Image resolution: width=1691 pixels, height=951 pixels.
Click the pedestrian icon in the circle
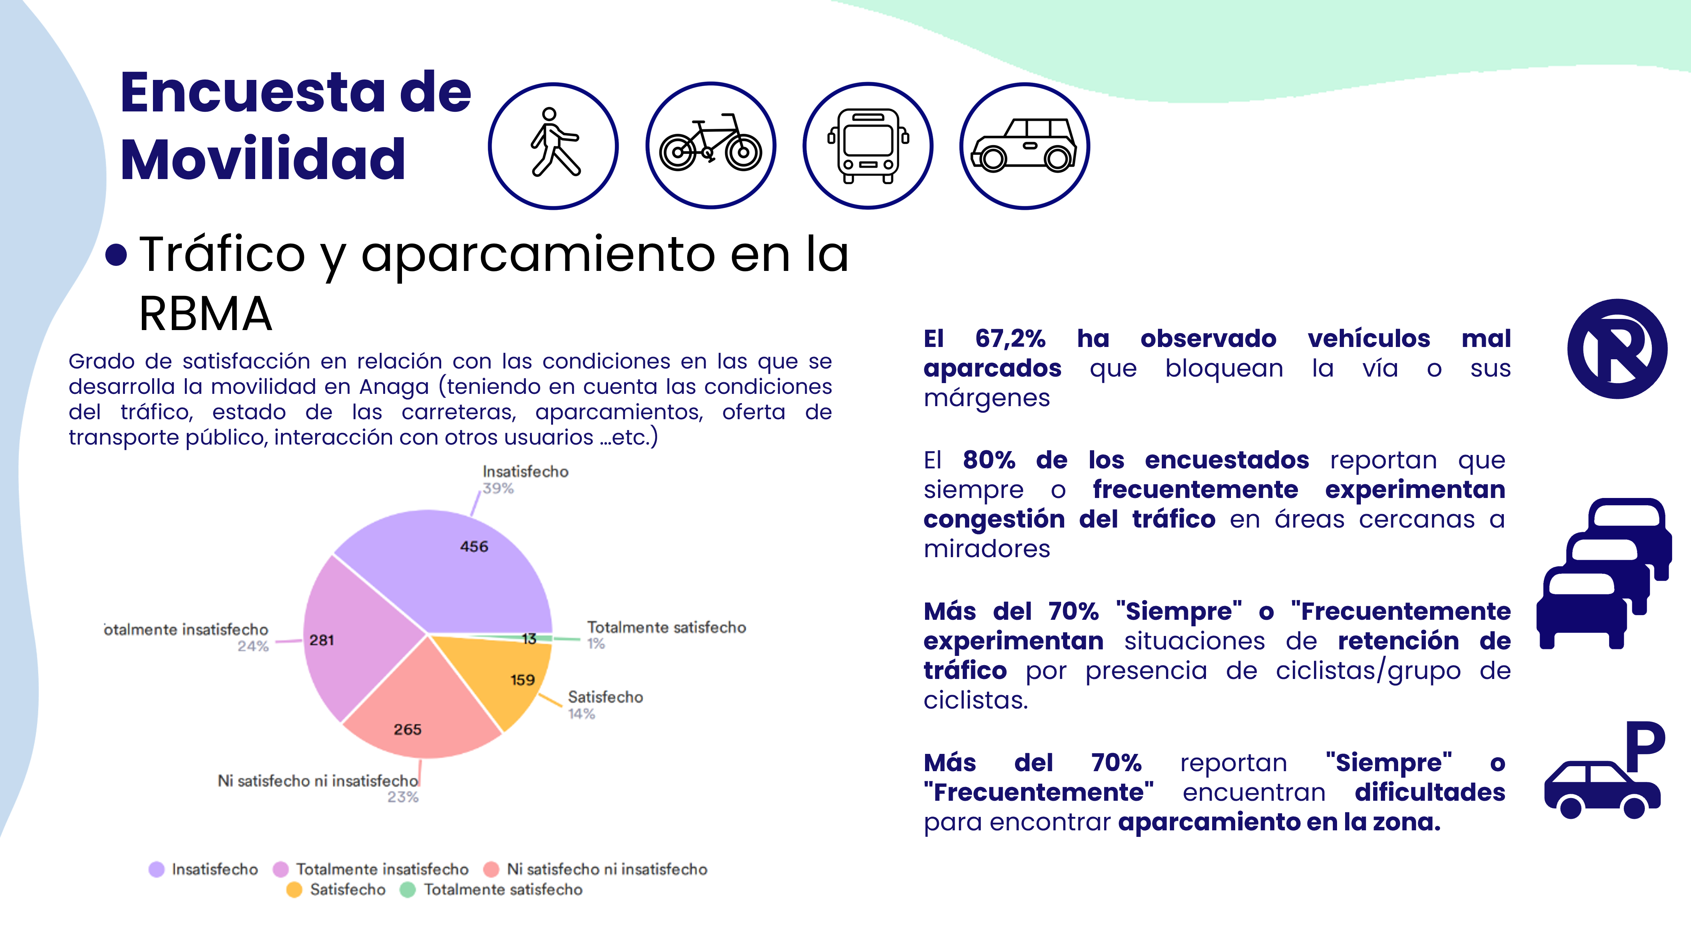click(553, 145)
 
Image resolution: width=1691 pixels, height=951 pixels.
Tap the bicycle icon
click(710, 145)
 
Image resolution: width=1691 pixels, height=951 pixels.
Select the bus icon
click(868, 145)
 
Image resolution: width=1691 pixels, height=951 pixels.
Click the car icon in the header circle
click(1024, 145)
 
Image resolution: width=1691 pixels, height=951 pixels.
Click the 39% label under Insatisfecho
click(498, 488)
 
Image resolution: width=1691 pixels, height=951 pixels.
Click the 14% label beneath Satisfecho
click(581, 714)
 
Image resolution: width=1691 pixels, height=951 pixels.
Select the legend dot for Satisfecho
click(294, 890)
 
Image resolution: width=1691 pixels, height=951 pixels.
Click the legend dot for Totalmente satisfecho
click(408, 890)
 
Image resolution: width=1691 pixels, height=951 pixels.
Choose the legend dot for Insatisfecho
click(156, 870)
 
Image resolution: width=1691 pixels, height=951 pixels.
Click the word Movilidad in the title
click(262, 159)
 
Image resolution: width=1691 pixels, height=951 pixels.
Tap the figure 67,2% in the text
click(1010, 339)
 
